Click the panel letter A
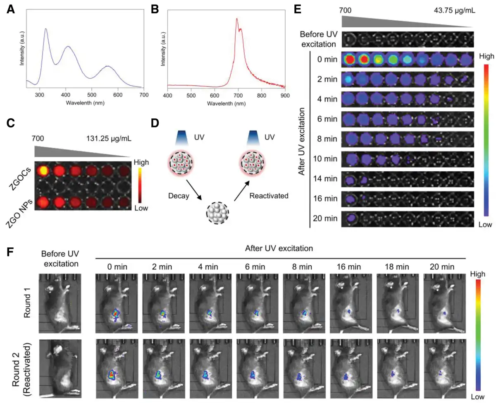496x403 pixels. click(x=11, y=10)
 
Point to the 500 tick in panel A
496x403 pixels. click(x=92, y=95)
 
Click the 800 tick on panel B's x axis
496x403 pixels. click(x=262, y=96)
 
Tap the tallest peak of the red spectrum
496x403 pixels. click(x=237, y=19)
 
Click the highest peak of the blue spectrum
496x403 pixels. click(x=45, y=29)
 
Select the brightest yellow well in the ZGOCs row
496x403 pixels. click(x=43, y=170)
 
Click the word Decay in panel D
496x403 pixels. click(x=179, y=196)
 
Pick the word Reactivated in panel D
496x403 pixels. click(x=269, y=196)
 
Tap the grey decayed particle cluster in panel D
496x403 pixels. click(x=217, y=213)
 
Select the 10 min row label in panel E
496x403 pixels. click(x=325, y=159)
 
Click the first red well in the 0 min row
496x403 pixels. click(x=350, y=60)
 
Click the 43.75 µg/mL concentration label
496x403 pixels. click(x=454, y=11)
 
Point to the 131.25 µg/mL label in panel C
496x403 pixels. click(x=109, y=139)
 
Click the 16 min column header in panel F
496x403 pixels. click(x=348, y=267)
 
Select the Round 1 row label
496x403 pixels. click(x=27, y=306)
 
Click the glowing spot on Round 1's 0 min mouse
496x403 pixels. click(x=115, y=315)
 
